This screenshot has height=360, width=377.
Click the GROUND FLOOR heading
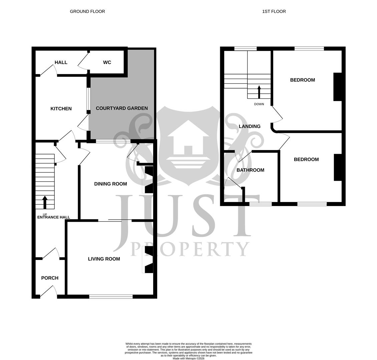pyautogui.click(x=87, y=11)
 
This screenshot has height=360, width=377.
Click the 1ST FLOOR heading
pyautogui.click(x=274, y=11)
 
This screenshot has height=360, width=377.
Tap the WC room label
pyautogui.click(x=107, y=62)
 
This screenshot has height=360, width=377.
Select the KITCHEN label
pyautogui.click(x=61, y=109)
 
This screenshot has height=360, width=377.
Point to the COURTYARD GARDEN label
pyautogui.click(x=122, y=108)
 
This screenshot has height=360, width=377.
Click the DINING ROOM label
pyautogui.click(x=110, y=184)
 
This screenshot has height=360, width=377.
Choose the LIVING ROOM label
pyautogui.click(x=104, y=259)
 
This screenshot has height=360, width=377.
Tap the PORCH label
pyautogui.click(x=50, y=278)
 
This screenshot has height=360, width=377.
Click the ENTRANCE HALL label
pyautogui.click(x=53, y=217)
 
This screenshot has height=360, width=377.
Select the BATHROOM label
pyautogui.click(x=250, y=170)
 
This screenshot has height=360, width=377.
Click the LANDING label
pyautogui.click(x=250, y=126)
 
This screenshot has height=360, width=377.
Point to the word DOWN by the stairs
pyautogui.click(x=259, y=104)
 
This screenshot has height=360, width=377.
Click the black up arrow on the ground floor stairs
pyautogui.click(x=45, y=202)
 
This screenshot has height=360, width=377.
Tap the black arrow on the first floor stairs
pyautogui.click(x=259, y=92)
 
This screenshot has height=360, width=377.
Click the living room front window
pyautogui.click(x=111, y=296)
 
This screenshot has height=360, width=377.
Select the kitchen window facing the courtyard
pyautogui.click(x=88, y=99)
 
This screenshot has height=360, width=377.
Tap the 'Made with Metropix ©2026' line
pyautogui.click(x=188, y=358)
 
